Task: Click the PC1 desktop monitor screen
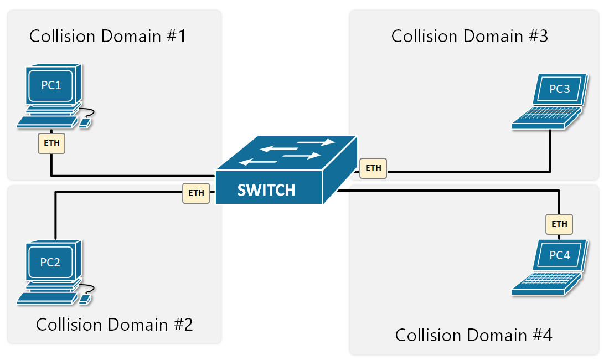click(x=51, y=86)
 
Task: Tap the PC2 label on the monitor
click(x=50, y=262)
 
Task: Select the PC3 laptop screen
click(x=559, y=90)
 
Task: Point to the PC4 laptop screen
click(x=559, y=255)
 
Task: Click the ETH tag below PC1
click(x=51, y=143)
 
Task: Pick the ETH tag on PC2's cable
click(x=196, y=193)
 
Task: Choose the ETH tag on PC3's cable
click(x=374, y=168)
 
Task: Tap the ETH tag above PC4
click(x=559, y=224)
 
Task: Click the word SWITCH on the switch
click(x=266, y=191)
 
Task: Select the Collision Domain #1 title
click(x=107, y=37)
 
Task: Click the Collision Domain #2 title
click(x=114, y=324)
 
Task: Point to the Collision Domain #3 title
click(x=469, y=37)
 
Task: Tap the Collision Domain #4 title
click(x=473, y=335)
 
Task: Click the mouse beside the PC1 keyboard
click(x=85, y=122)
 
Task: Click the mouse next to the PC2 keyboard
click(x=85, y=299)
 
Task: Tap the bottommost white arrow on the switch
click(x=258, y=162)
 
